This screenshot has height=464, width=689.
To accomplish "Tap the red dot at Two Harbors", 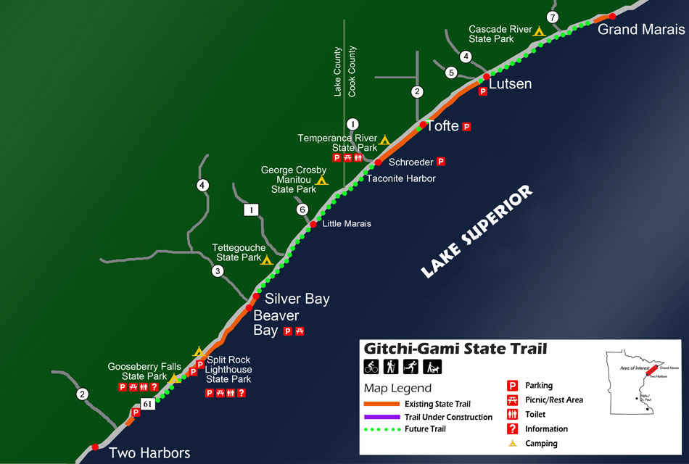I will [95, 447].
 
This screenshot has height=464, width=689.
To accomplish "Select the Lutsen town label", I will [510, 84].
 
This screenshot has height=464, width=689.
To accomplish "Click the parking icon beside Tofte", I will [467, 126].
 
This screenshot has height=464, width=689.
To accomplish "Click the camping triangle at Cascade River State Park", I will [538, 31].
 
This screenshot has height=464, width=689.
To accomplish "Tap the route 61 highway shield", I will [148, 405].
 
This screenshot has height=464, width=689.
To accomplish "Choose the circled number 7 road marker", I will [553, 17].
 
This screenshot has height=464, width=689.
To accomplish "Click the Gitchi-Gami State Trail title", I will [455, 349].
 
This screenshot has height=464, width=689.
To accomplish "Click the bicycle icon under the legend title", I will [371, 367].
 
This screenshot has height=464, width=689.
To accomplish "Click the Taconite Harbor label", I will [401, 178].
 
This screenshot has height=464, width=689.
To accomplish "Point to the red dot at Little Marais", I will [313, 224].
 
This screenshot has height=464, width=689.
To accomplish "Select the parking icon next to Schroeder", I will [440, 162].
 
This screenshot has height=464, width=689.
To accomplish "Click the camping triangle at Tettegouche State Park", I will [267, 260].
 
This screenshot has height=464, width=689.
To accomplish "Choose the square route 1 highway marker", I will [251, 210].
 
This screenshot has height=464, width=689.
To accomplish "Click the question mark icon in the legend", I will [511, 428].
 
